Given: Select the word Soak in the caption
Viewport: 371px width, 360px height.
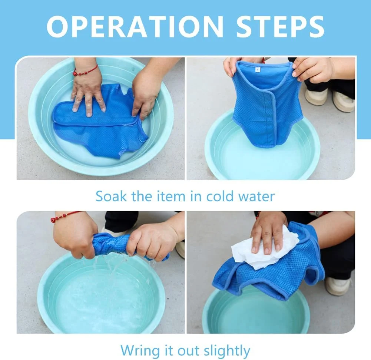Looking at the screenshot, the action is click(111, 196).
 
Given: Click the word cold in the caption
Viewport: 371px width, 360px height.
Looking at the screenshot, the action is click(220, 196).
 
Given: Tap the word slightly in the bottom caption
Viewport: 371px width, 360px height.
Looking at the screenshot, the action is click(227, 350).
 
